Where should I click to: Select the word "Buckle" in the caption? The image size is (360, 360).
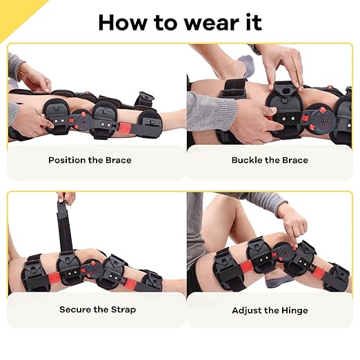pos(247,160)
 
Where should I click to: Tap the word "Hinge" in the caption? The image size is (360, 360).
pos(295,310)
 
